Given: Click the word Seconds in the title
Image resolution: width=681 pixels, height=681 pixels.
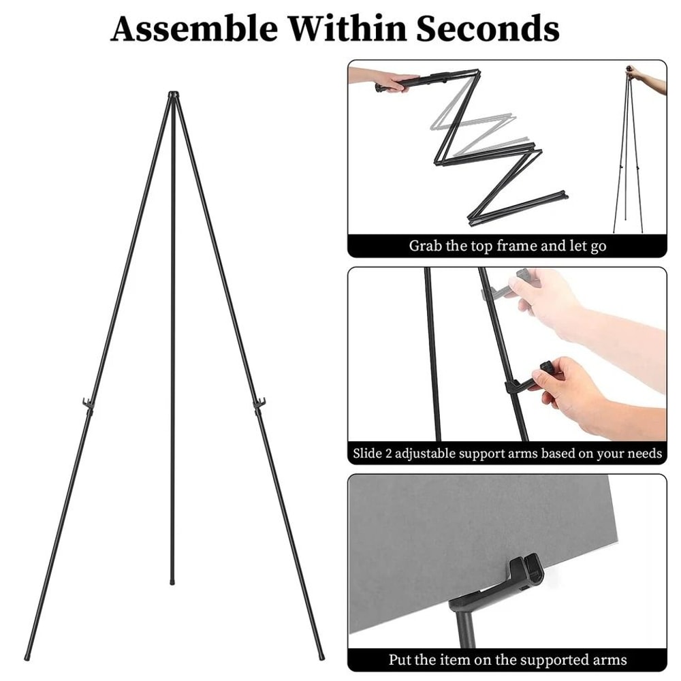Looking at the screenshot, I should [487, 29].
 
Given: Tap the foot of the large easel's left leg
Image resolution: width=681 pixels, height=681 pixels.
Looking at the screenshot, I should [28, 656].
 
